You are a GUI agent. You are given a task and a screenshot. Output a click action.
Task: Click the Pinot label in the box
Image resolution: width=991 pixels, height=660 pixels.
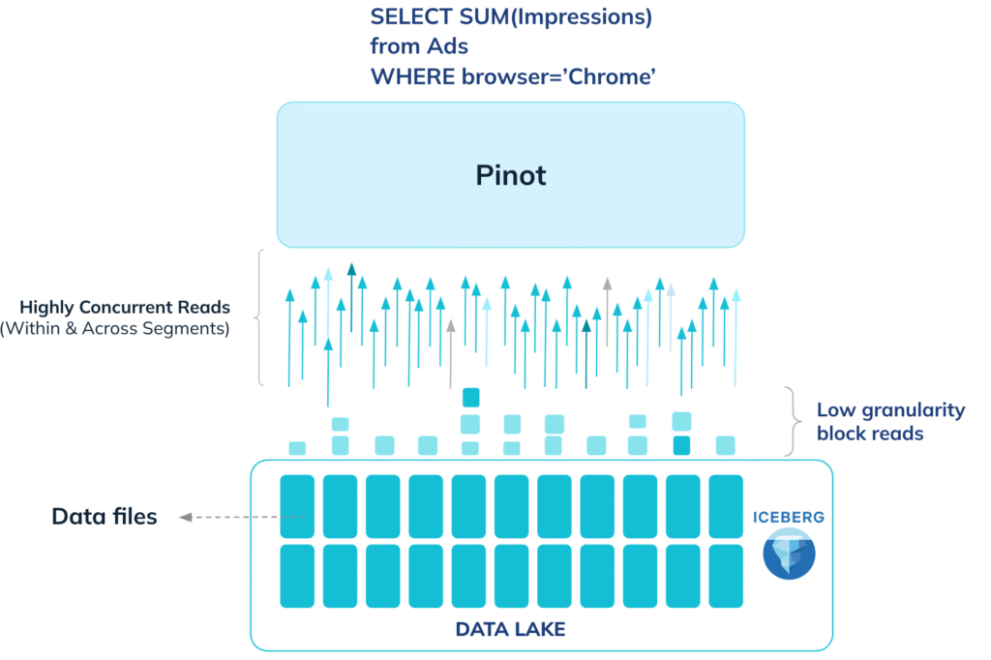pos(511,175)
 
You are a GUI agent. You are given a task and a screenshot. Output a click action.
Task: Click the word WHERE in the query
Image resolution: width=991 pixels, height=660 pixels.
pos(412,76)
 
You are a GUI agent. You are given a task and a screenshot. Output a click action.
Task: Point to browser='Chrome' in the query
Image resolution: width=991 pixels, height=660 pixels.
pos(558,76)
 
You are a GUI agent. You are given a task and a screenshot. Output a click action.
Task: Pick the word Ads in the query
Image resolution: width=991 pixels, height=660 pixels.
pos(447,46)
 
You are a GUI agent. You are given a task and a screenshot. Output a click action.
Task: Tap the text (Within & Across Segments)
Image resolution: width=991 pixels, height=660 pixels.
pos(114,329)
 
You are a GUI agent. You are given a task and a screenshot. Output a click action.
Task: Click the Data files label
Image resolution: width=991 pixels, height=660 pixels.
pos(105,517)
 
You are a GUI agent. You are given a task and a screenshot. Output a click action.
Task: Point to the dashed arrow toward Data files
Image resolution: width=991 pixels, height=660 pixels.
pos(242,517)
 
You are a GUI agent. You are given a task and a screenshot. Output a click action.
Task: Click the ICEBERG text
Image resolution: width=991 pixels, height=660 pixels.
pos(788,517)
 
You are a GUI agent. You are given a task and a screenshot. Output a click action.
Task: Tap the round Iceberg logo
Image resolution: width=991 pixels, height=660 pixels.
pos(789,554)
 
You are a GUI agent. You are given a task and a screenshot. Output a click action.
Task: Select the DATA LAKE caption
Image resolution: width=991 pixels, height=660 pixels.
pos(511,629)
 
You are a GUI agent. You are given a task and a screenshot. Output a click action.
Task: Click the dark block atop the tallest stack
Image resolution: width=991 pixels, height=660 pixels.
pos(471,397)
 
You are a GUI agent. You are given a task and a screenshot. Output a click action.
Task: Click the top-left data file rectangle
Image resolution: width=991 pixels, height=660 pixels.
pos(297,506)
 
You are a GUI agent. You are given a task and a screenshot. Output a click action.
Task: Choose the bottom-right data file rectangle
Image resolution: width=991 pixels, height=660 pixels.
pos(726,576)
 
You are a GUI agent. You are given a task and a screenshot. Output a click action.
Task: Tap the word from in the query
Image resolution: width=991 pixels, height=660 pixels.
pos(395,46)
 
